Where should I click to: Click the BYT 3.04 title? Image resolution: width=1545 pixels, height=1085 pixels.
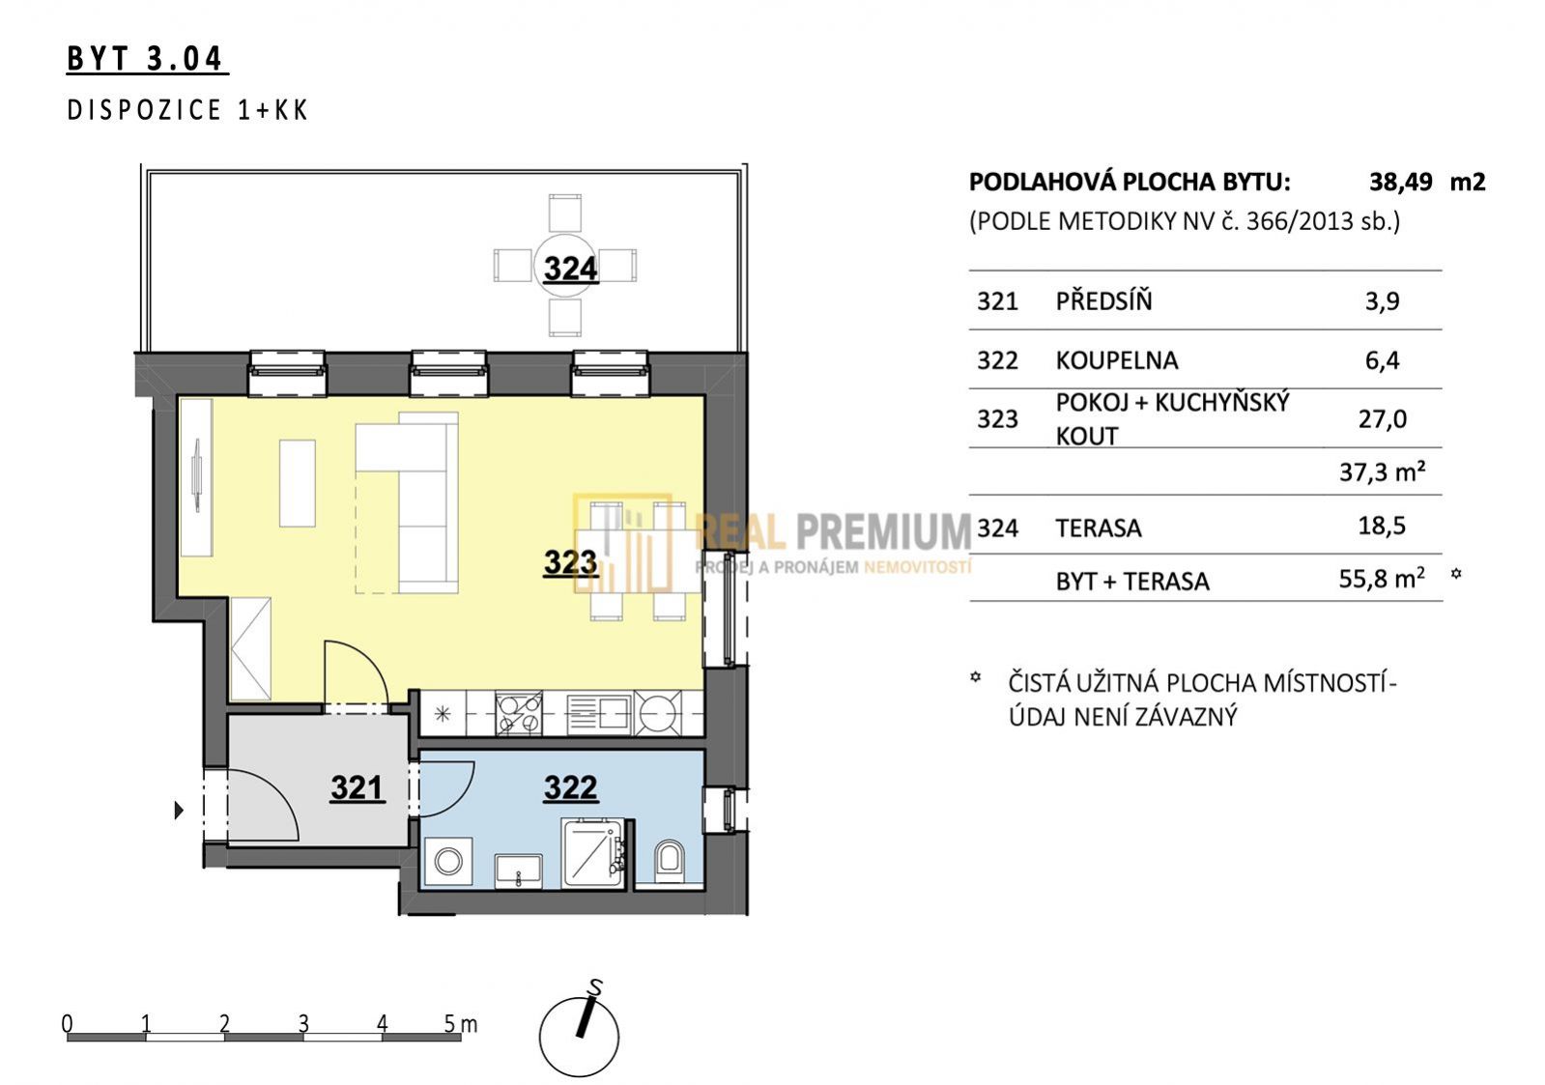[146, 59]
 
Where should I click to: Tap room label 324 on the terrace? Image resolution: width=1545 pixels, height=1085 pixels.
[570, 269]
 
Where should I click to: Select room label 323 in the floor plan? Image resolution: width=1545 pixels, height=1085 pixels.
[570, 562]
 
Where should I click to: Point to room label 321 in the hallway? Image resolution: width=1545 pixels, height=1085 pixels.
[357, 787]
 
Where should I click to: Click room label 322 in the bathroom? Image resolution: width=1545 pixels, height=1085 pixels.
[570, 787]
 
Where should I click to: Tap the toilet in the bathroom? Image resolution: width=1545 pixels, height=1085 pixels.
[668, 860]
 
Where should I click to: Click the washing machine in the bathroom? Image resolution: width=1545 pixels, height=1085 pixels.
[449, 861]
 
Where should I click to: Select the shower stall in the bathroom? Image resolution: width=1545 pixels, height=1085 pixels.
[593, 853]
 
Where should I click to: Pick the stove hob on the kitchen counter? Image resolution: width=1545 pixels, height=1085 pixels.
[519, 713]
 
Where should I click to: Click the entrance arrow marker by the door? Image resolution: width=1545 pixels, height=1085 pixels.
[179, 810]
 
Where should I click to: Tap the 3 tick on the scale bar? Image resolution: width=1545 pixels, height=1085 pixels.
[303, 1023]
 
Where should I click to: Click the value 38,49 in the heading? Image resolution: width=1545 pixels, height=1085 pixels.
[1401, 182]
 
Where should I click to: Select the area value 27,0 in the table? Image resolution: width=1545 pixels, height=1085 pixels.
[1383, 418]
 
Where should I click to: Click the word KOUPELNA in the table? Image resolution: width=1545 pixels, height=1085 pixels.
[1117, 360]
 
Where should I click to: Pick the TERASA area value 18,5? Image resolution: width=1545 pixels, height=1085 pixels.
[1382, 526]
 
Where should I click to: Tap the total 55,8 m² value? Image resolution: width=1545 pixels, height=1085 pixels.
[1382, 578]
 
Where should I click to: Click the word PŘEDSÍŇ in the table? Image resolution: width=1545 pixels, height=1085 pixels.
[1103, 300]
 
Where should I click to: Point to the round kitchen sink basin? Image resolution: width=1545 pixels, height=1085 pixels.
[657, 713]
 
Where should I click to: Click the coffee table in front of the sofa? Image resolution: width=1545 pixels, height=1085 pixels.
[298, 483]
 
